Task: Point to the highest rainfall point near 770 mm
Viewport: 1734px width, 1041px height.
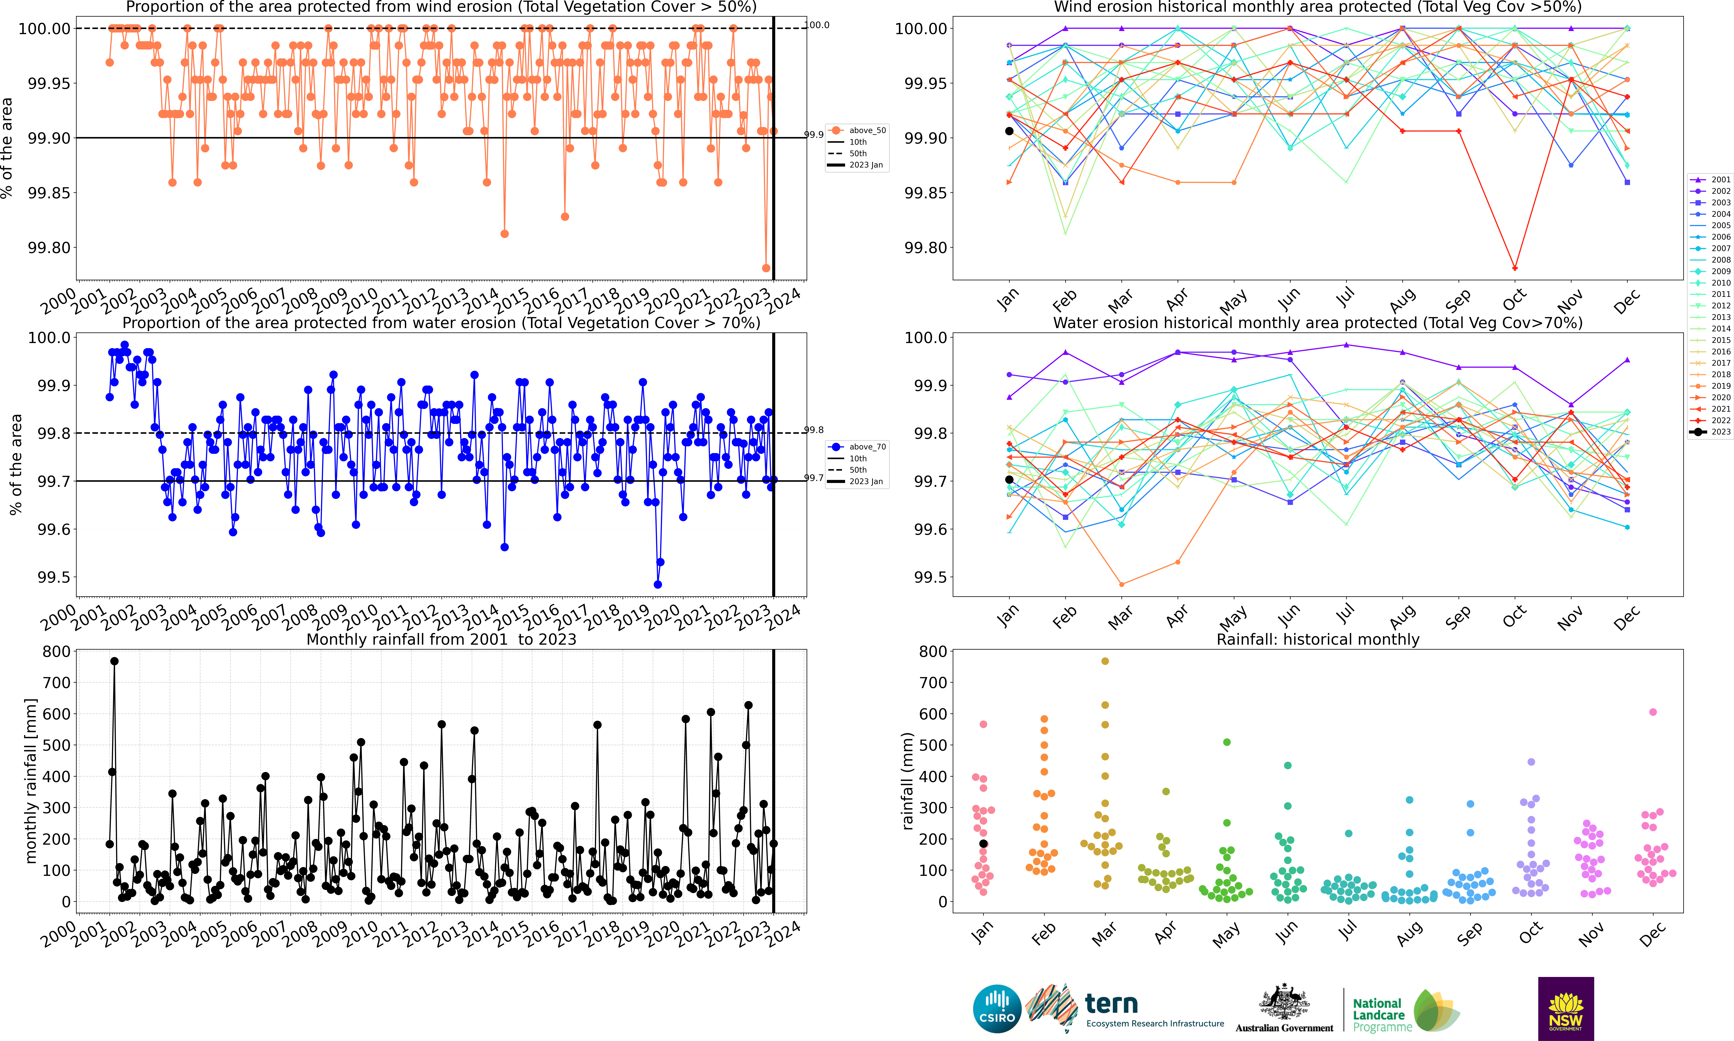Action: click(x=114, y=661)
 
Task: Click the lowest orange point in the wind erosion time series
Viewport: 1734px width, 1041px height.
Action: click(x=766, y=268)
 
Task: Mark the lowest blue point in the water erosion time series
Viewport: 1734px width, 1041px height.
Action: click(x=657, y=584)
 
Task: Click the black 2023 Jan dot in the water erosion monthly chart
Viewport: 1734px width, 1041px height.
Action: click(x=1009, y=480)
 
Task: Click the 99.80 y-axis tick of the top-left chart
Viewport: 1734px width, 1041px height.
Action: click(x=49, y=248)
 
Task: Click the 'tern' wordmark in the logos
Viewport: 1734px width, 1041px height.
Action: click(x=1111, y=1004)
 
